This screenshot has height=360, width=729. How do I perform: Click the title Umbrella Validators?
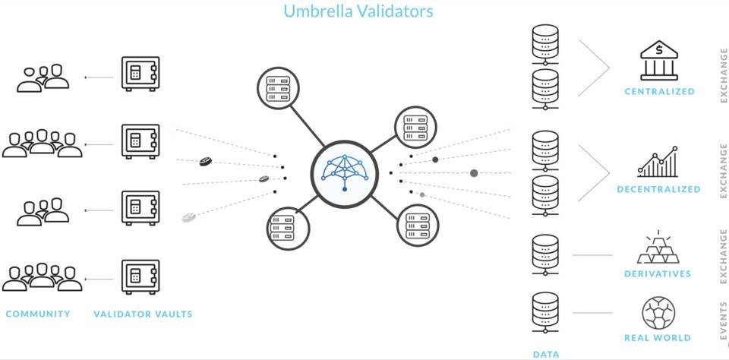pyautogui.click(x=358, y=11)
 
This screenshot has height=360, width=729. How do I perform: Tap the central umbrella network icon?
pyautogui.click(x=344, y=172)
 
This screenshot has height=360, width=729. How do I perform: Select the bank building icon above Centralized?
pyautogui.click(x=659, y=61)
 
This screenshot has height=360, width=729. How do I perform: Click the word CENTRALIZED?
pyautogui.click(x=659, y=92)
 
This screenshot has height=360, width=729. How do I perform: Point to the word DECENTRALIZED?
pyautogui.click(x=658, y=189)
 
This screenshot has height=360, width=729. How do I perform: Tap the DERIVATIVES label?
pyautogui.click(x=658, y=274)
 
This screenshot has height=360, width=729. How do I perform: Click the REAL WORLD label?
pyautogui.click(x=658, y=338)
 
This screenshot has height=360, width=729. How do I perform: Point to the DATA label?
pyautogui.click(x=546, y=354)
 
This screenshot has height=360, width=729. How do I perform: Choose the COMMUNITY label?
pyautogui.click(x=38, y=314)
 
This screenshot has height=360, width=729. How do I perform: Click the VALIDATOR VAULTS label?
pyautogui.click(x=143, y=314)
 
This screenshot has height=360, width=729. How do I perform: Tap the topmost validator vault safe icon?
pyautogui.click(x=140, y=74)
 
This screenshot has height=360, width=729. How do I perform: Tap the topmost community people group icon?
pyautogui.click(x=43, y=78)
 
